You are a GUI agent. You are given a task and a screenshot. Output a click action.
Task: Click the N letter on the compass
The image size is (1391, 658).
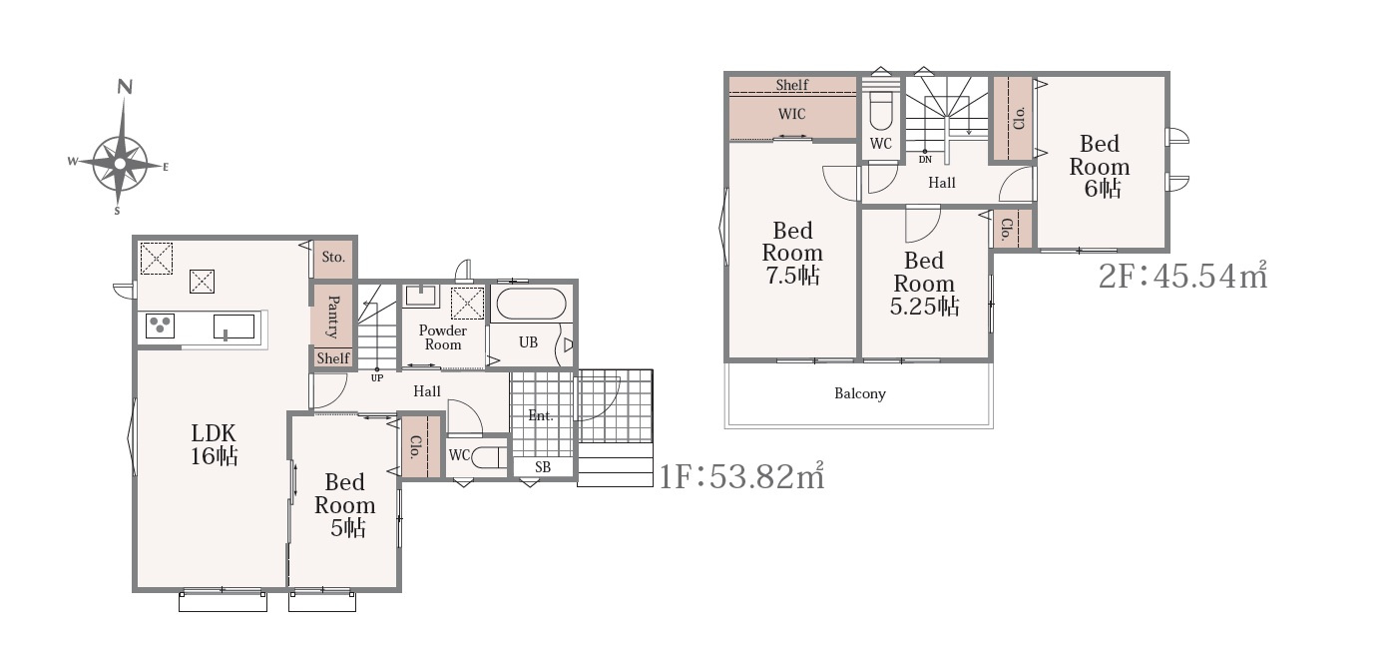click(x=126, y=87)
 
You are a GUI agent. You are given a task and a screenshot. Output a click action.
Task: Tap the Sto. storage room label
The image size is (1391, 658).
click(x=333, y=258)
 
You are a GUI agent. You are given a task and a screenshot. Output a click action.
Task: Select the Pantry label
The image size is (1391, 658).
click(x=333, y=317)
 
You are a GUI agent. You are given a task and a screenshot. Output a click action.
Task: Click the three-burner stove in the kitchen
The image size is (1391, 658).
click(x=161, y=326)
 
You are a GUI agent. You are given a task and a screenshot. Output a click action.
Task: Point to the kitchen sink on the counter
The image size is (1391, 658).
click(x=233, y=327)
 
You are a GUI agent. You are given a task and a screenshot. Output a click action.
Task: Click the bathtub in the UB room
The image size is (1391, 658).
click(x=531, y=305)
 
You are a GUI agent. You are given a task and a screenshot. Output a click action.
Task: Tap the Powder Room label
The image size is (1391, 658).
click(x=443, y=337)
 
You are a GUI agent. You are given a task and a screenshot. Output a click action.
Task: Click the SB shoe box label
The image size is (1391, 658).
click(x=543, y=466)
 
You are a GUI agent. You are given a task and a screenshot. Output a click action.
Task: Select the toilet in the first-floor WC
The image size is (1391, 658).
click(x=489, y=458)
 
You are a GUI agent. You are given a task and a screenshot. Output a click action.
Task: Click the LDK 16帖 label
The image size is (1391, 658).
click(x=214, y=444)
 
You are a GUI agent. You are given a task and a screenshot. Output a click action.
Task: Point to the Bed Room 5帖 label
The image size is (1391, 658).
click(x=344, y=504)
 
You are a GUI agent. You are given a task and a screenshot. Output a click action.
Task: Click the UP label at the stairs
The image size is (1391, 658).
click(x=377, y=377)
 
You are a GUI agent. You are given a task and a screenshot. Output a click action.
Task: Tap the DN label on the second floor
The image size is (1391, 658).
click(x=925, y=160)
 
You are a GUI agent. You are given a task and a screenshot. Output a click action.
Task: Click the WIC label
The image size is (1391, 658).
click(x=791, y=114)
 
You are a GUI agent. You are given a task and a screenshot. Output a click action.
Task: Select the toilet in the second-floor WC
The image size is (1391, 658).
click(x=880, y=111)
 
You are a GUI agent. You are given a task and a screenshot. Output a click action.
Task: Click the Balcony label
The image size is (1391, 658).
click(x=860, y=393)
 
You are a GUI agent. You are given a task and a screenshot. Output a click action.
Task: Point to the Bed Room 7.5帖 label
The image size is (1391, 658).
click(x=792, y=253)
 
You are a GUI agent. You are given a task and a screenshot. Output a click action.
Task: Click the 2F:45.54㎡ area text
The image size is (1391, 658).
click(x=1183, y=276)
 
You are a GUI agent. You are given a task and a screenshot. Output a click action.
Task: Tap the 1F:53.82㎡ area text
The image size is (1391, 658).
click(x=741, y=476)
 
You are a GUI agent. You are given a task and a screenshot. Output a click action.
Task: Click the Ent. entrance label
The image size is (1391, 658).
click(x=540, y=415)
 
